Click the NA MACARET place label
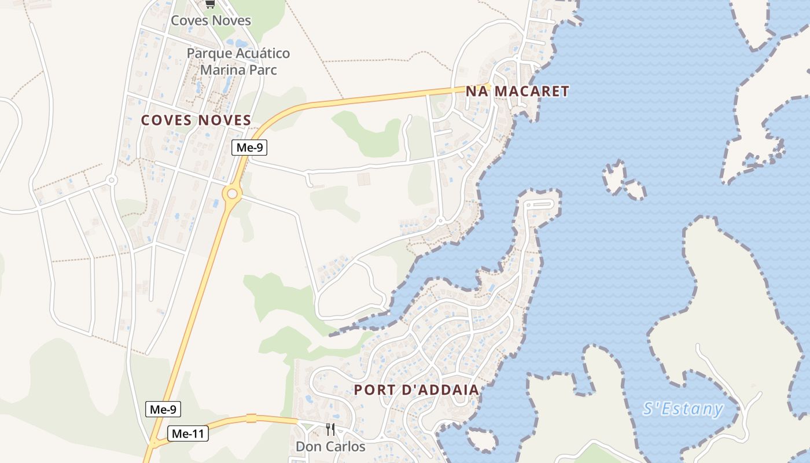[x=517, y=91]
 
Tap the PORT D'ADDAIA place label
[x=417, y=389]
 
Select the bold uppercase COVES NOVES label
[x=196, y=120]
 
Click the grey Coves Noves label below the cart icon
[x=211, y=21]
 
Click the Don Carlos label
[x=330, y=446]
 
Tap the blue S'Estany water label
[x=683, y=409]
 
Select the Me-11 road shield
[x=187, y=433]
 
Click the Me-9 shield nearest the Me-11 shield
[x=163, y=410]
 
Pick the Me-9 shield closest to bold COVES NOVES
[x=249, y=148]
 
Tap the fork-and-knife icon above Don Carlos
[x=330, y=429]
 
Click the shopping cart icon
[x=210, y=4]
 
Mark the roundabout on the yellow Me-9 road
[x=233, y=194]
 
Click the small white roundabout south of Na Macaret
[x=441, y=221]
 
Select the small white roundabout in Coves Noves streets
[x=112, y=181]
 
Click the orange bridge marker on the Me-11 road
[x=251, y=418]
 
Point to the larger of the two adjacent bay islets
[x=614, y=175]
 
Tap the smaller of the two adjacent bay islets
[x=635, y=189]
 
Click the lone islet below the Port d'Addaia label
[x=482, y=440]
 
